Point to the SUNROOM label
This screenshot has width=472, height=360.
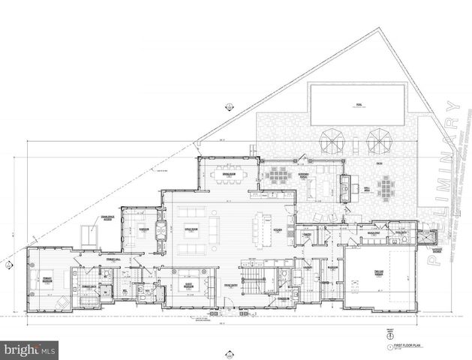[x=143, y=229]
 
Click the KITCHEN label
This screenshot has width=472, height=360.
[x=277, y=229]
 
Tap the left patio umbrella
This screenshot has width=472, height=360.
[x=332, y=139]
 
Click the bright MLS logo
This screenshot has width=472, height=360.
[x=30, y=349]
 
